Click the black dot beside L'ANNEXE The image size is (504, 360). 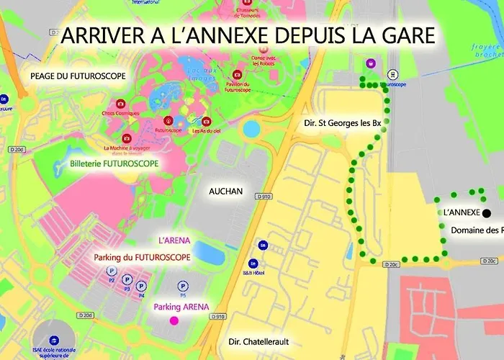tap(487, 213)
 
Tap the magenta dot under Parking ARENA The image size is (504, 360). tap(173, 320)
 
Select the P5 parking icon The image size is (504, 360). tap(183, 285)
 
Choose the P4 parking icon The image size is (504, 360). tap(141, 286)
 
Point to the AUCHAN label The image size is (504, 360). tap(226, 192)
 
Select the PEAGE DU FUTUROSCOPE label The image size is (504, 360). tap(78, 76)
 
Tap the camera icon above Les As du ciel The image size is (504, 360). tap(207, 121)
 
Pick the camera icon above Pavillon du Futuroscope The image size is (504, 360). tap(237, 75)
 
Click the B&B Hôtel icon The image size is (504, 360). tap(253, 264)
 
